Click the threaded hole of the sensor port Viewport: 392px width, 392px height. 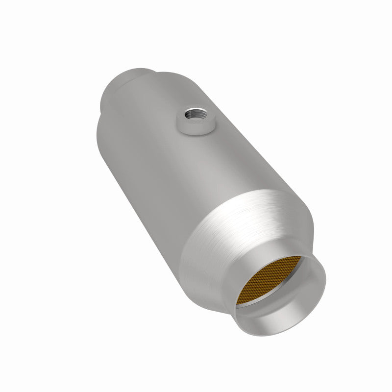click(x=196, y=116)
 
